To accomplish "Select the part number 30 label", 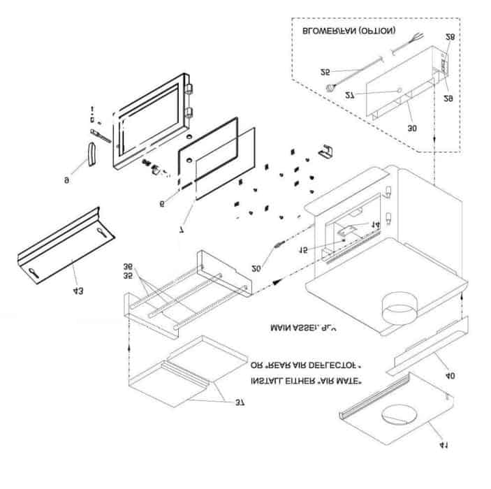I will [x=411, y=128].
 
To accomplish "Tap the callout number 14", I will [x=375, y=225].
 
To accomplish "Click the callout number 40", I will [x=450, y=376].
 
